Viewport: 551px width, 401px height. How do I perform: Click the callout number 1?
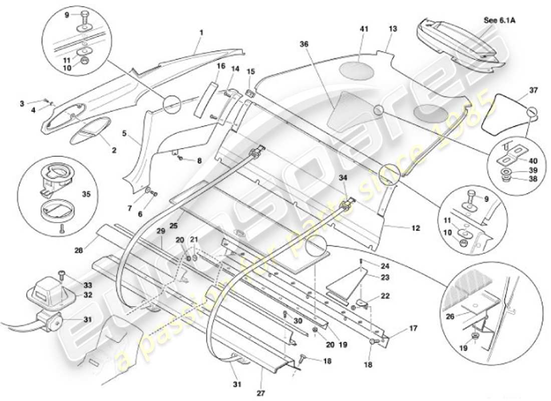tap(201, 33)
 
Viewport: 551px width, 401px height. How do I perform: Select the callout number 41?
tap(364, 30)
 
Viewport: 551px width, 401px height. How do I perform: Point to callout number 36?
tap(304, 45)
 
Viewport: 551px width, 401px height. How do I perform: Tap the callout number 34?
tap(343, 178)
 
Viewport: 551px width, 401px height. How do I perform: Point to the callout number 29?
tap(160, 231)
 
